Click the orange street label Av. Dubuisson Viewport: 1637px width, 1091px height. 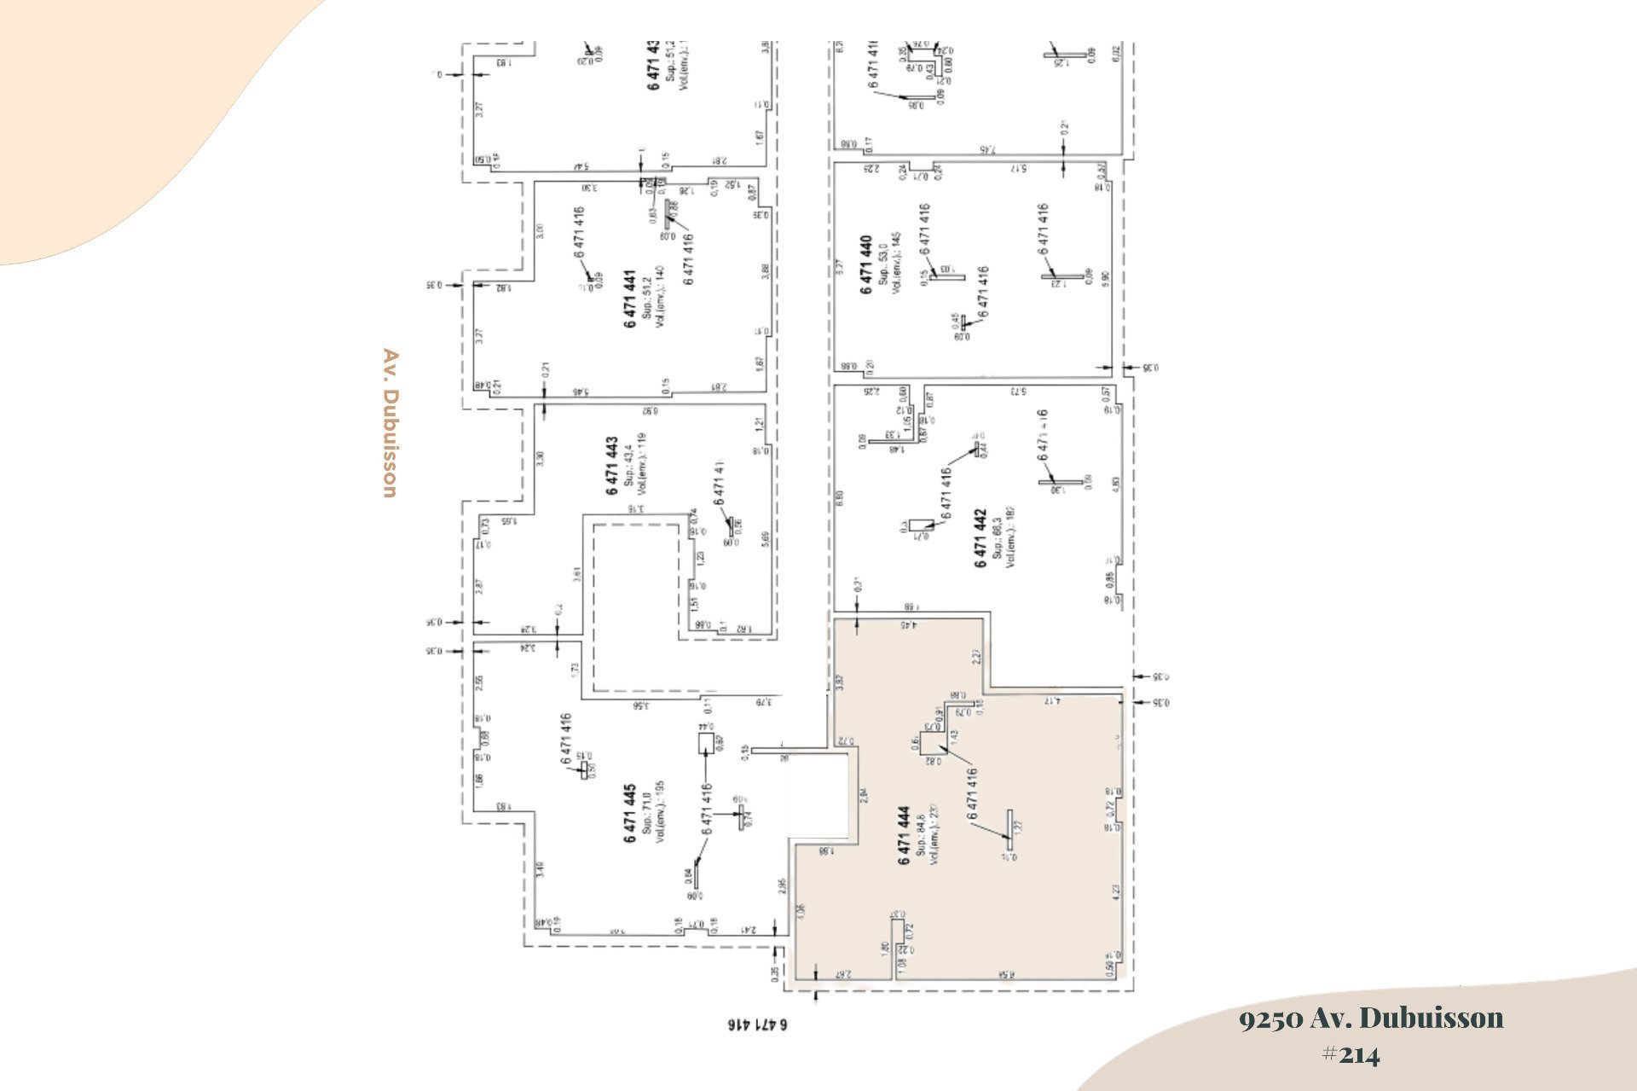click(390, 423)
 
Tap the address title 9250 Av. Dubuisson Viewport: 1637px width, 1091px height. click(1371, 1018)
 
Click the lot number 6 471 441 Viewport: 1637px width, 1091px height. click(630, 299)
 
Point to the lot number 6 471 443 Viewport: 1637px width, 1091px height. click(612, 467)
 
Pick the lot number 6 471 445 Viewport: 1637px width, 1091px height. click(630, 814)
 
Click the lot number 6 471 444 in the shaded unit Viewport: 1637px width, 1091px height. click(904, 835)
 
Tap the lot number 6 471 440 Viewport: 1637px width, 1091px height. click(866, 265)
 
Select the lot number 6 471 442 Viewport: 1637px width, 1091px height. click(980, 539)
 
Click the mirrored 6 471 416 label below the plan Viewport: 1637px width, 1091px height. click(757, 1024)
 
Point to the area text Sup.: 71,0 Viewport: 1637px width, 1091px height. click(647, 813)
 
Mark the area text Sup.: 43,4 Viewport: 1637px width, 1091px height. click(628, 466)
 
